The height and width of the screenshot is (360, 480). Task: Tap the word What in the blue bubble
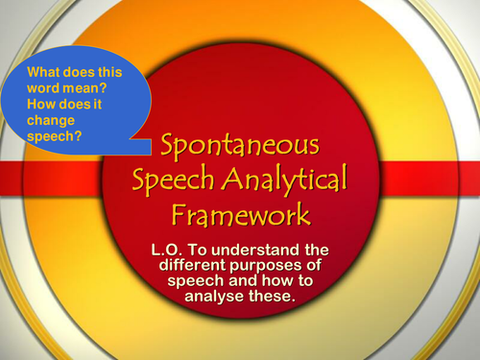(x=45, y=70)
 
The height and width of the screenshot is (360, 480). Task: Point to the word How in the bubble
(x=42, y=103)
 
